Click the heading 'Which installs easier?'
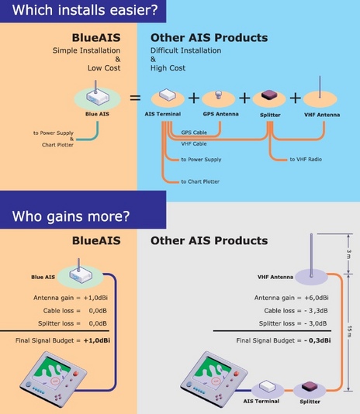85,10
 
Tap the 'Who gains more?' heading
71,216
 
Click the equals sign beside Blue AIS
135,98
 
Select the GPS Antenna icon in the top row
218,95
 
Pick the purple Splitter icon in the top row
269,95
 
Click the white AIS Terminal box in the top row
168,95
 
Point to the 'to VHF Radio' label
306,159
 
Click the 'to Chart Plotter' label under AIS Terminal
200,181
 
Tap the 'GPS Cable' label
194,133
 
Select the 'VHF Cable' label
194,143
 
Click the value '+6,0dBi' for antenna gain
317,298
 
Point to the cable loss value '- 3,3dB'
316,310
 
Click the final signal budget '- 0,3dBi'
317,340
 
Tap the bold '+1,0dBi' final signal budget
97,340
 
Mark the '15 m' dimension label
349,331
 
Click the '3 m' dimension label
349,254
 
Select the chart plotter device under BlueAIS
53,378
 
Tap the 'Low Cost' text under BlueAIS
104,68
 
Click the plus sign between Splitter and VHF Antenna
296,98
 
